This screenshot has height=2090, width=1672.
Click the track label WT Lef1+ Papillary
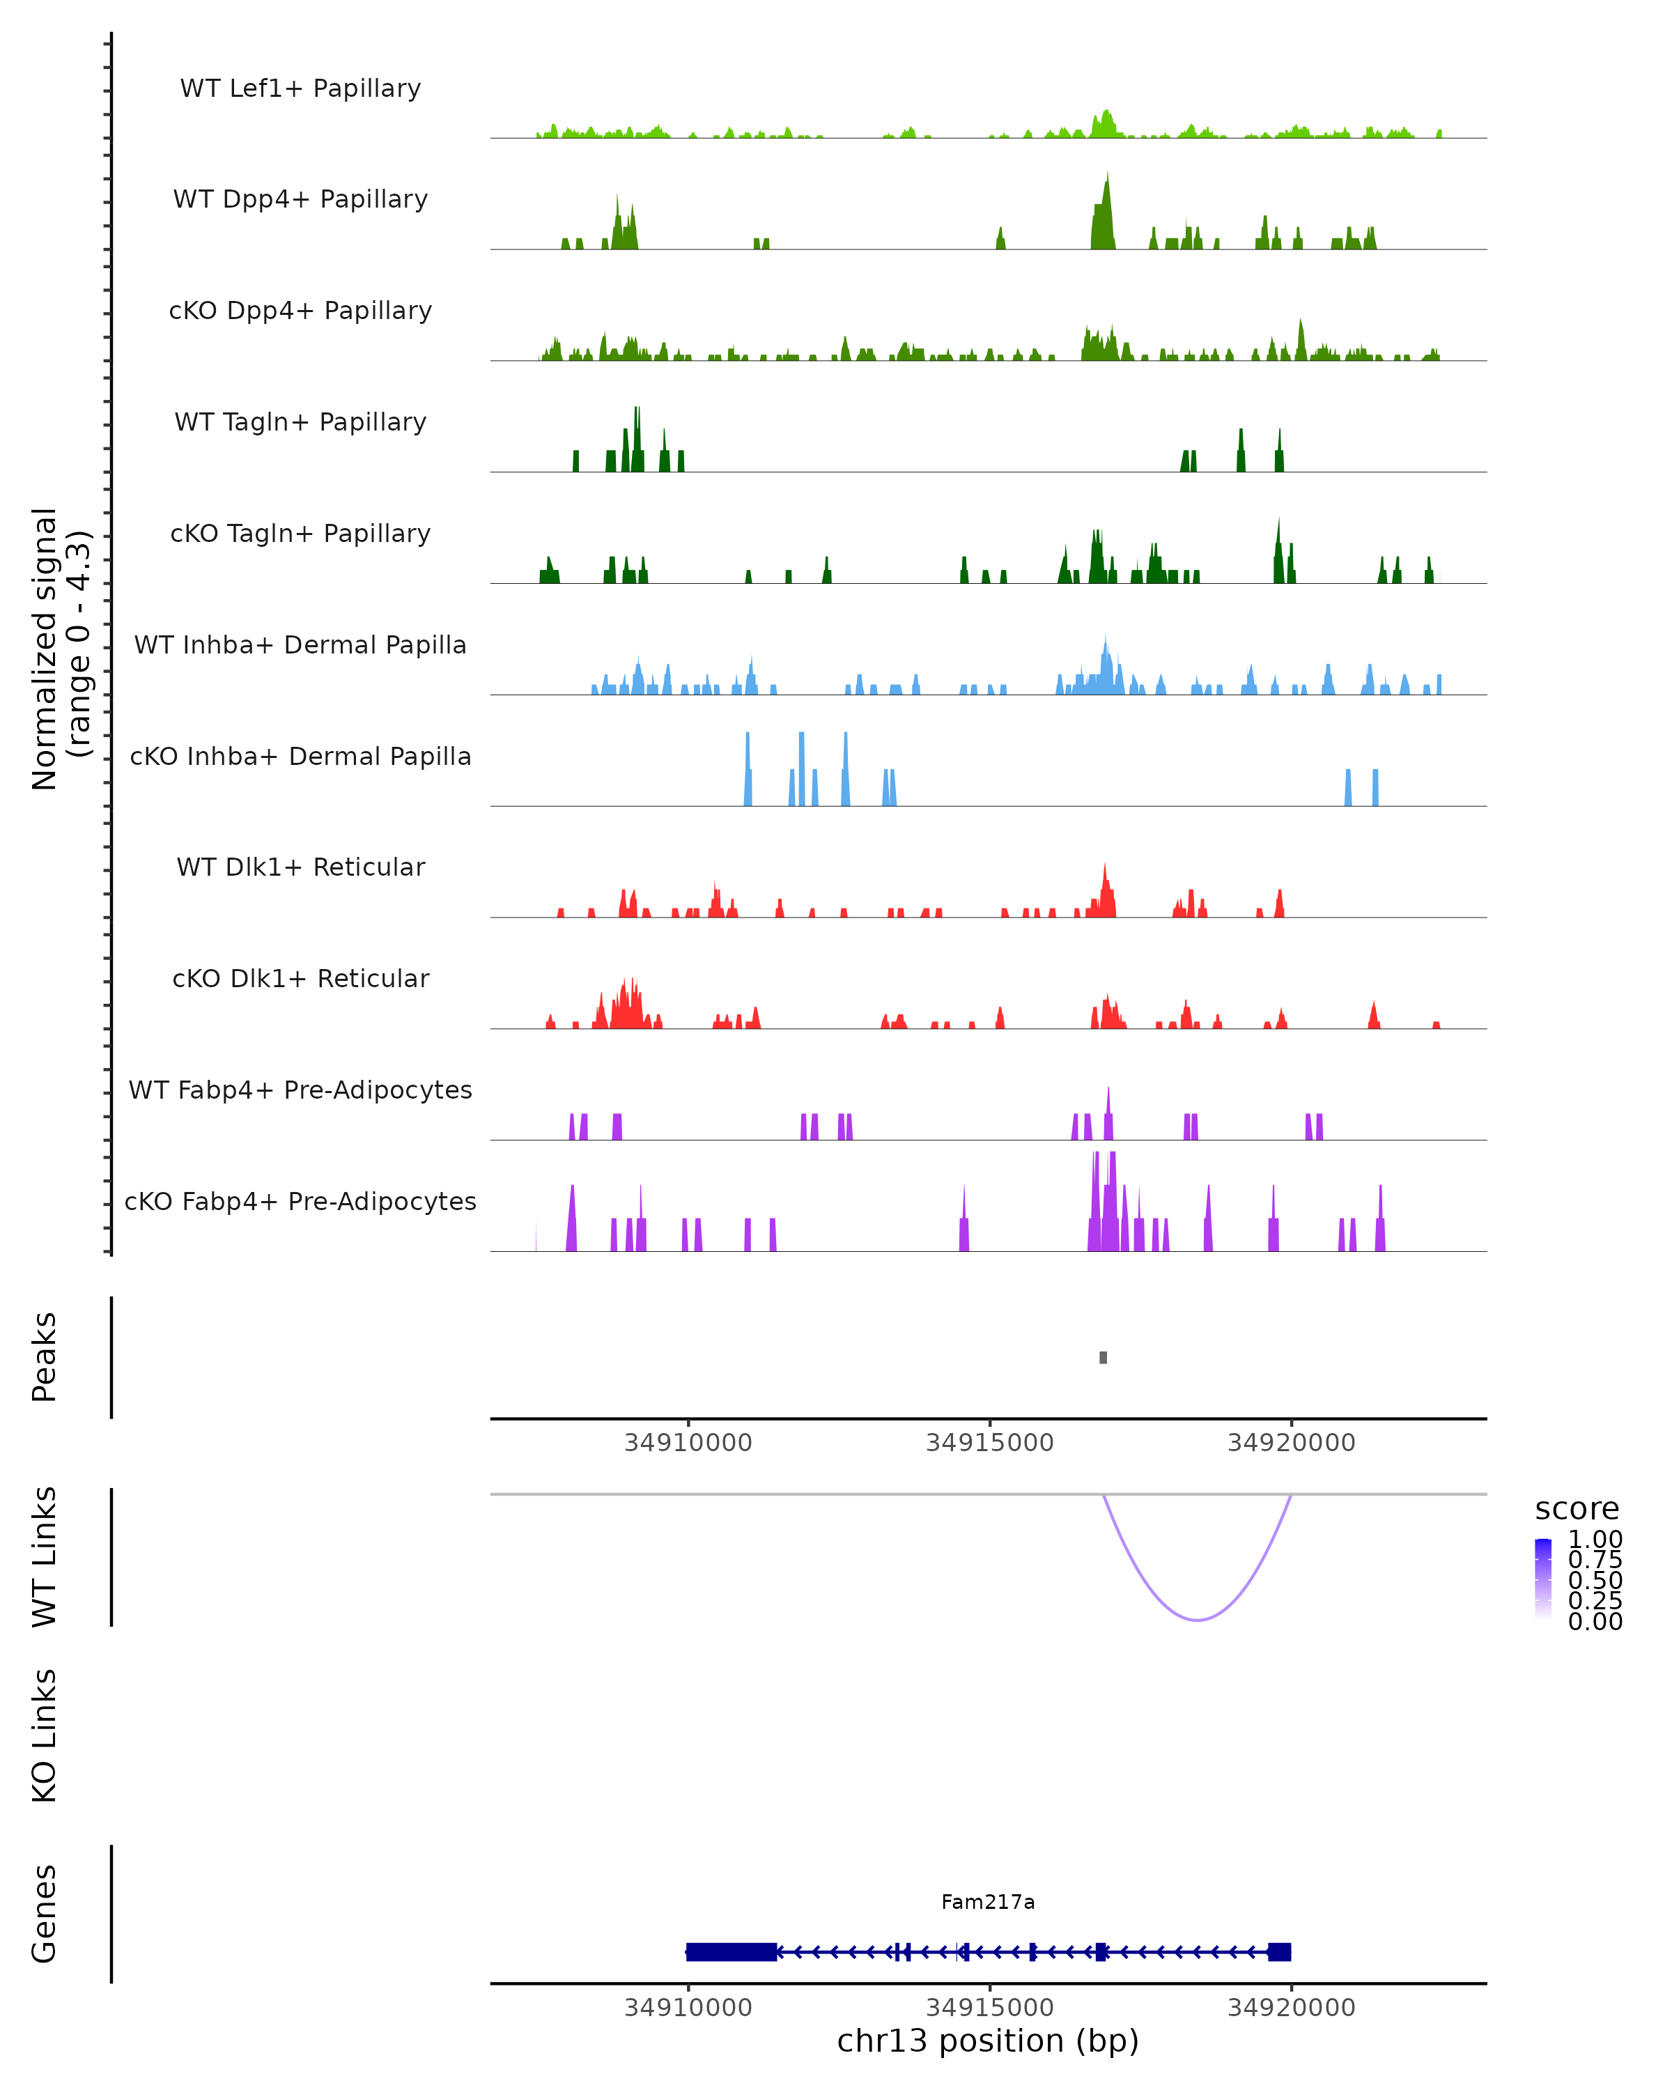tap(300, 89)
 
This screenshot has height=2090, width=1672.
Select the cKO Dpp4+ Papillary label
tap(300, 311)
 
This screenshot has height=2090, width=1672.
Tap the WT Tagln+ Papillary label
tap(300, 423)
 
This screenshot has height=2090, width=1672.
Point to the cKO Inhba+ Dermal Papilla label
tap(300, 757)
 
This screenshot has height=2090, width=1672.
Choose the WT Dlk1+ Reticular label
tap(300, 867)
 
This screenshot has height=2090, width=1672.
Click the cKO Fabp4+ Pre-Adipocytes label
tap(300, 1202)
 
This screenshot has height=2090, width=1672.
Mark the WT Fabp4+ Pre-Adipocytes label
tap(300, 1090)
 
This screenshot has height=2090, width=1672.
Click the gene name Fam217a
tap(988, 1903)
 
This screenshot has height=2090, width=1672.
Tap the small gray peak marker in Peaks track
tap(1103, 1358)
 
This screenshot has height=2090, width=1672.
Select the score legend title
tap(1577, 1510)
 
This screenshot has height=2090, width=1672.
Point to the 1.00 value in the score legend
tap(1595, 1540)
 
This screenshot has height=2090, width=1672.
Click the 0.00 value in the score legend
tap(1595, 1621)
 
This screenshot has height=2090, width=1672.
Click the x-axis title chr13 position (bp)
tap(988, 2041)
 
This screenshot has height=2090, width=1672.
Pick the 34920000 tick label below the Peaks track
tap(1291, 1443)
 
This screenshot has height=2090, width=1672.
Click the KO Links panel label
tap(45, 1735)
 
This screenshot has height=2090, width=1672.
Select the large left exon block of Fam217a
tap(731, 1951)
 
